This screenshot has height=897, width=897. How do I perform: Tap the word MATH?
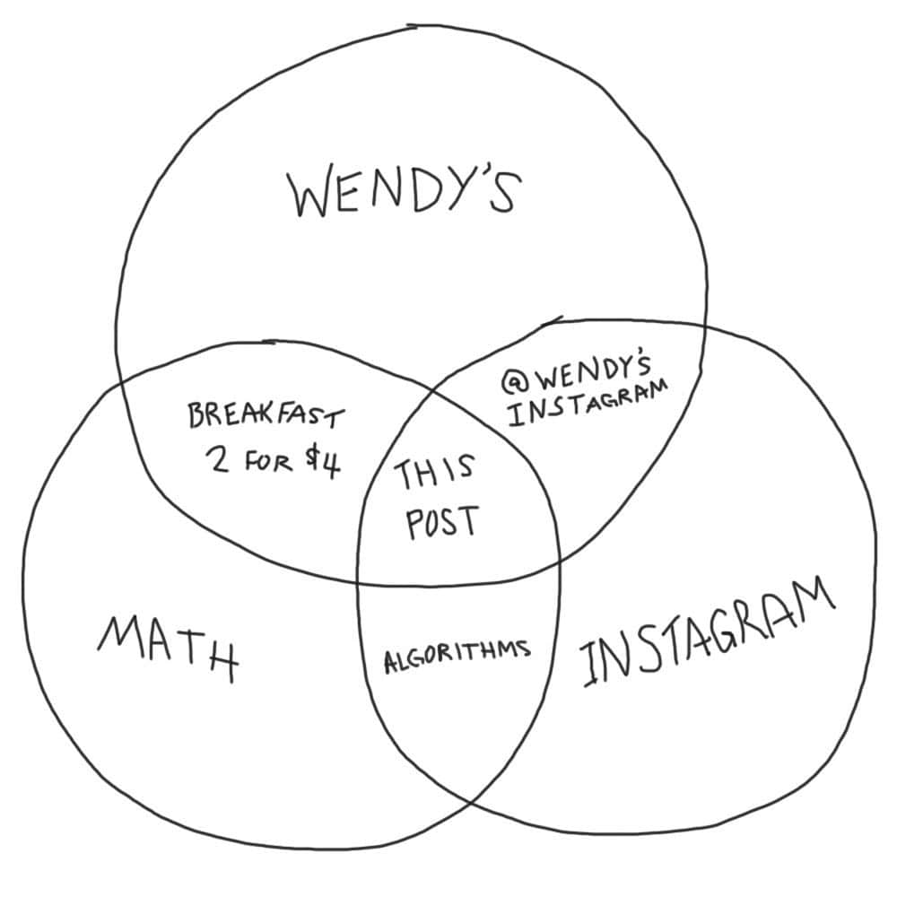tap(169, 648)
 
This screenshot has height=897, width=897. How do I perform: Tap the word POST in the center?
tap(442, 521)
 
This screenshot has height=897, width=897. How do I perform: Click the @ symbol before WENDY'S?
tap(512, 381)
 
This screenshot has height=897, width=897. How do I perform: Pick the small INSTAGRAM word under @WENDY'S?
tap(588, 403)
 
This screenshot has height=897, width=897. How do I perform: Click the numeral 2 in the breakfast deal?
tap(220, 459)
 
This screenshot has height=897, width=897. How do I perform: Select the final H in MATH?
tap(221, 662)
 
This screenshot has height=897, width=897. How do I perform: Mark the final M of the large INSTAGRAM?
tap(813, 597)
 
